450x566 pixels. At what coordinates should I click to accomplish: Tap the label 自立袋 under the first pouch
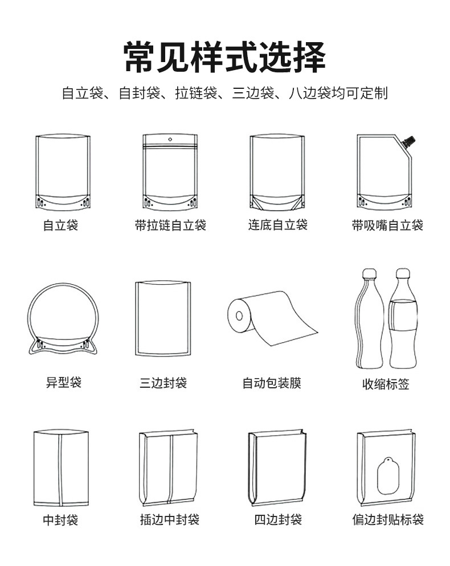[60, 225]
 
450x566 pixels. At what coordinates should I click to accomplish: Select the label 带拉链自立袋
[170, 225]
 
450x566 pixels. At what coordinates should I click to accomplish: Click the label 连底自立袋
[277, 224]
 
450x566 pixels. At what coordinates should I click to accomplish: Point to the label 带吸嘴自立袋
[387, 225]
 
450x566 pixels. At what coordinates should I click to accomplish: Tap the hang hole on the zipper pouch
[170, 138]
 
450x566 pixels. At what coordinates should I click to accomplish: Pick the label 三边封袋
[163, 383]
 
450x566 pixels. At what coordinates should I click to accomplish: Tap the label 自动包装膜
[272, 383]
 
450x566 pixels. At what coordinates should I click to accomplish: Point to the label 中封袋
[60, 519]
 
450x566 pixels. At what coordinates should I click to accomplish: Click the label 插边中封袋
[170, 519]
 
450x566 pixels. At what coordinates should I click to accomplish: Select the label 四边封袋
[277, 519]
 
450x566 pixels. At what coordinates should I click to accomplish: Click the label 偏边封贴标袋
[387, 519]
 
